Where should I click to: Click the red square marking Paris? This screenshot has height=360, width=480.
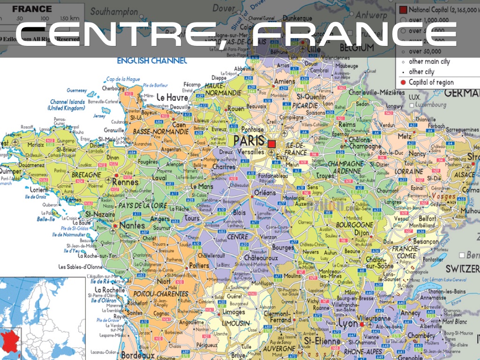[x=271, y=143]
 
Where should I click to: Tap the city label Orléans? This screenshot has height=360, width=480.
[x=265, y=193]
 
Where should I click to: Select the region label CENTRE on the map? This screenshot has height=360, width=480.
[x=238, y=237]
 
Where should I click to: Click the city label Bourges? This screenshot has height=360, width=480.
[x=283, y=247]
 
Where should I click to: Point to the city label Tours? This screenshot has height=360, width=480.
[x=192, y=218]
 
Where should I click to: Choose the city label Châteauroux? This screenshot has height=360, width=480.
[x=258, y=258]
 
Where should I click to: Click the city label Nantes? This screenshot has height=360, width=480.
[x=132, y=225]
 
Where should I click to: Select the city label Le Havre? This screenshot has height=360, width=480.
[x=172, y=97]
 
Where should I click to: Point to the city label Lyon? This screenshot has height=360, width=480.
[x=348, y=324]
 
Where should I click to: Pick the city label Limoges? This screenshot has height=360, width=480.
[x=234, y=312]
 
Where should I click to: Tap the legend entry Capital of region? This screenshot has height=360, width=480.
[x=431, y=82]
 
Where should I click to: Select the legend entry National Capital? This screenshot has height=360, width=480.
[x=428, y=9]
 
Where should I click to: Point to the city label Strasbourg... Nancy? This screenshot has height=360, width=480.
[x=417, y=153]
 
